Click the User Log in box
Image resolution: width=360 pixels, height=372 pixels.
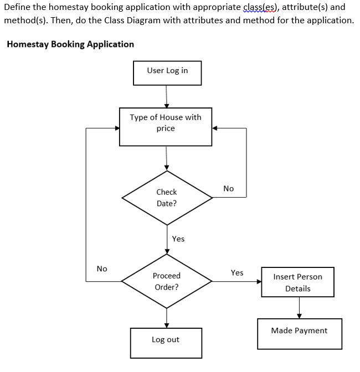(x=167, y=73)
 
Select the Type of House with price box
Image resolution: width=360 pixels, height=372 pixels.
(x=166, y=127)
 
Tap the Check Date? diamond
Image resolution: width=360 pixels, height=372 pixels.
(x=167, y=198)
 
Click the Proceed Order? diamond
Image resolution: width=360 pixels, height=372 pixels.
(x=167, y=281)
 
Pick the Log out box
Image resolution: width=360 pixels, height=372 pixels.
(x=166, y=343)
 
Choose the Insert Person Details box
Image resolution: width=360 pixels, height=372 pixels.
(x=297, y=282)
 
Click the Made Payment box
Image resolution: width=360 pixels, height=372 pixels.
(x=299, y=333)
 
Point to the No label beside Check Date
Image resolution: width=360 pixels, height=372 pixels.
(x=229, y=189)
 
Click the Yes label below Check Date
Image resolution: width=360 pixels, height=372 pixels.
(x=178, y=239)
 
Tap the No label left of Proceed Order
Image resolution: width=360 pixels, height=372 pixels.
(x=102, y=268)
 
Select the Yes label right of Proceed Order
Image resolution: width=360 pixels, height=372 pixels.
(x=237, y=272)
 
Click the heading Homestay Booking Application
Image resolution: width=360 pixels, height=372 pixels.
(x=70, y=44)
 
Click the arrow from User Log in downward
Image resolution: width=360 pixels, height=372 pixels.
(x=166, y=96)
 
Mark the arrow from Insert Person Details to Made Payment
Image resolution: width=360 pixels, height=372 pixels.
(x=299, y=307)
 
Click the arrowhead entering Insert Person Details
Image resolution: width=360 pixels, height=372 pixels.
(x=259, y=281)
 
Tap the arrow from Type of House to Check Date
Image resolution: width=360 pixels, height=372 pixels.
(x=166, y=158)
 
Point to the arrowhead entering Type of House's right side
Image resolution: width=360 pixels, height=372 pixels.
(x=215, y=128)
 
